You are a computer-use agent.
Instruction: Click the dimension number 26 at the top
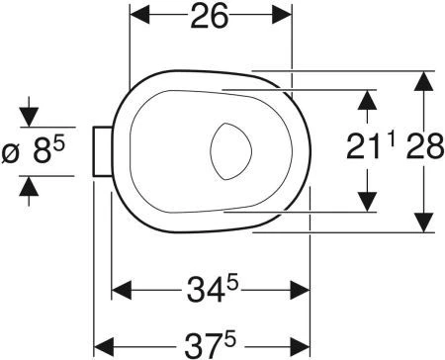point(210,16)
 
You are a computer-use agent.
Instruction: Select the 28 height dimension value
point(425,146)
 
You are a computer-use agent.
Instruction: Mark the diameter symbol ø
point(10,153)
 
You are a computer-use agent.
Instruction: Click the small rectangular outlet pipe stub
point(103,151)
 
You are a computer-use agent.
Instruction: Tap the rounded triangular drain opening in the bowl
point(230,151)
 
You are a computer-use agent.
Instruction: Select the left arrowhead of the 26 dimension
point(140,15)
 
